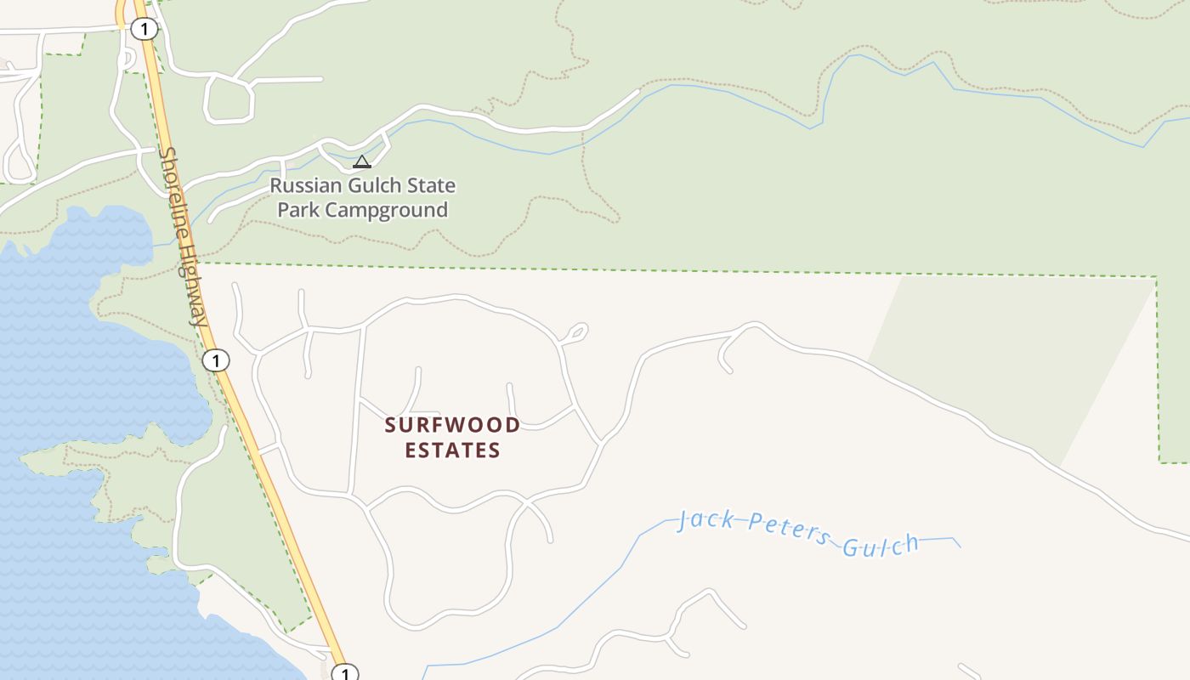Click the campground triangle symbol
click(x=362, y=161)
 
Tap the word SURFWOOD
click(x=452, y=425)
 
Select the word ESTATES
click(x=452, y=450)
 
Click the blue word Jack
click(x=705, y=520)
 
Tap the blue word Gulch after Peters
click(x=881, y=545)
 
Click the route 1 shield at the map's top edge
click(x=144, y=30)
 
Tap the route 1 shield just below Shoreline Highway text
click(x=216, y=360)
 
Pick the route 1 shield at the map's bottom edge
click(x=344, y=674)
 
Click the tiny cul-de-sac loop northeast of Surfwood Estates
click(x=575, y=331)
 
